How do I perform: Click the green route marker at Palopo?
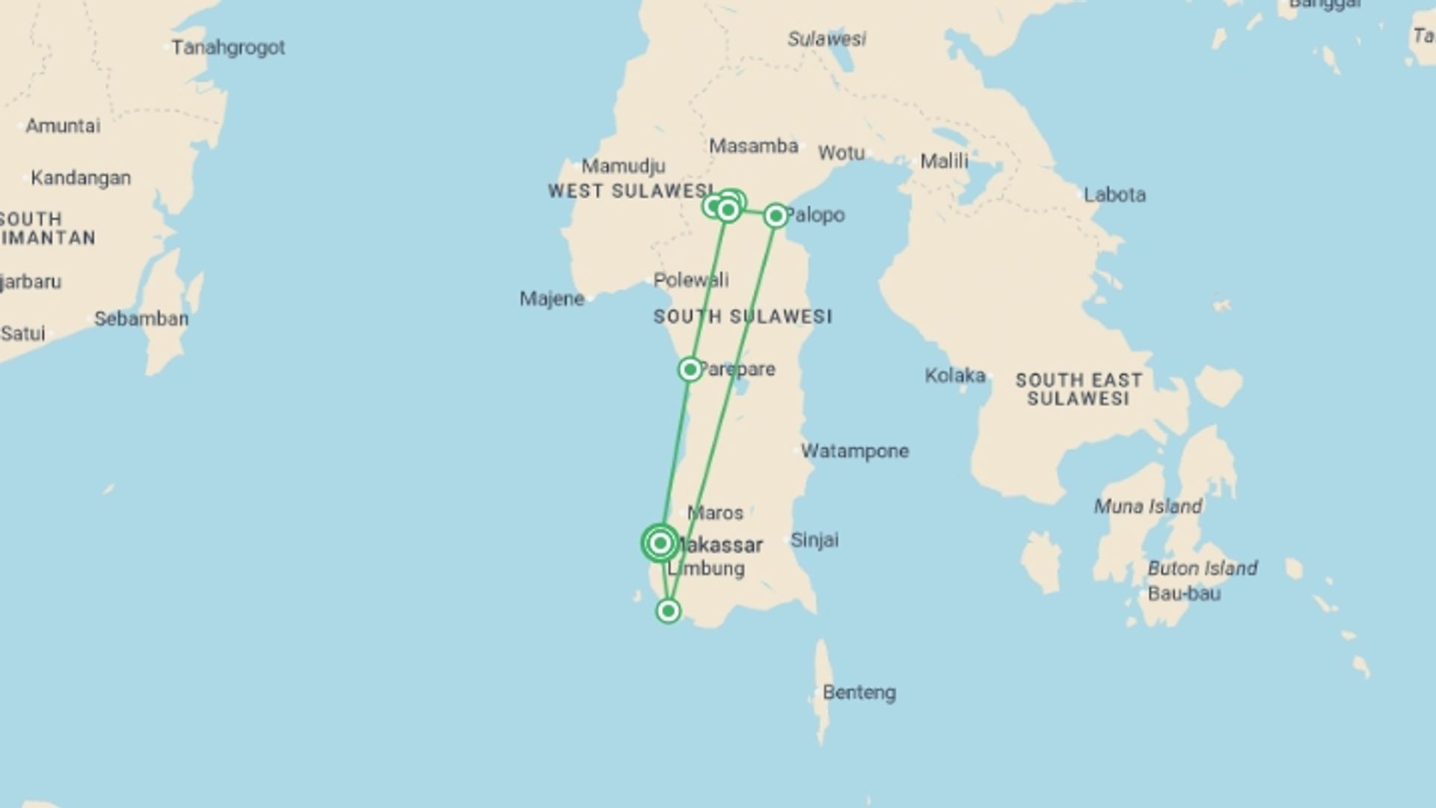pos(776,216)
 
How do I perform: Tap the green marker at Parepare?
pos(690,370)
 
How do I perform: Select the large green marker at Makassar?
pos(660,543)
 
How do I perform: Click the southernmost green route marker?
pos(668,611)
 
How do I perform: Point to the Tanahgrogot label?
pos(228,48)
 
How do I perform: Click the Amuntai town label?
pos(63,126)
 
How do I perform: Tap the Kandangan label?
pos(81,178)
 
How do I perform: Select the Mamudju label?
pos(623,166)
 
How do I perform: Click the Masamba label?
pos(753,146)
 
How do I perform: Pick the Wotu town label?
pos(841,153)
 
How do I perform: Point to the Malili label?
pos(944,161)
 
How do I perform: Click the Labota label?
pos(1114,195)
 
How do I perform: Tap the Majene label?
pos(552,299)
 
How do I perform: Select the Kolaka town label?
pos(955,376)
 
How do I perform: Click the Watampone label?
pos(855,451)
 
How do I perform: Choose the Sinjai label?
pos(814,539)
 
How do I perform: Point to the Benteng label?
pos(859,693)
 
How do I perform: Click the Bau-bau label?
pos(1184,594)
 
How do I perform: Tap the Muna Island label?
pos(1148,507)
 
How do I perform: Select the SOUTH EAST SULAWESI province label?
pos(1078,389)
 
